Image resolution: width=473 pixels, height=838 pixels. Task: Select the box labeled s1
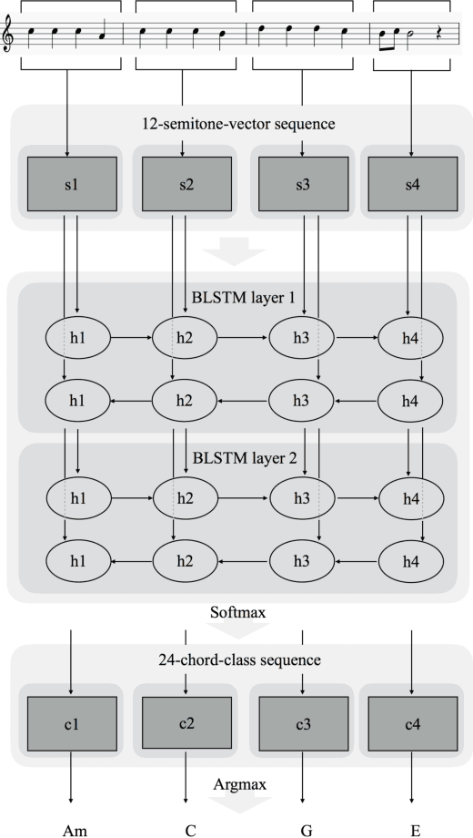(72, 185)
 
